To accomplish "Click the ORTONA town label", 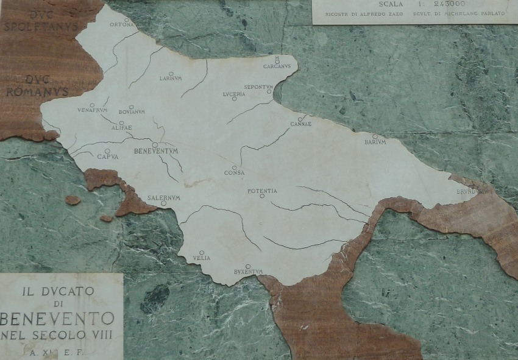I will (x=121, y=25).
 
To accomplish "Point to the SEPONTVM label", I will (x=258, y=87).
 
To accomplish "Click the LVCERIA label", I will (x=235, y=94).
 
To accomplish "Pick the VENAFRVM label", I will (x=92, y=111).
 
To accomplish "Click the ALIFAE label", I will (x=122, y=127).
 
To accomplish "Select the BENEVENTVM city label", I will (x=160, y=149).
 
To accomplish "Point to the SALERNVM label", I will (x=164, y=198).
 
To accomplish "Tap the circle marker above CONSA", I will (x=234, y=168).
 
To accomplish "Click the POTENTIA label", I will (x=262, y=191).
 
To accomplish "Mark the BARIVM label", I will (x=375, y=142).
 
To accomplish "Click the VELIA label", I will (x=202, y=258).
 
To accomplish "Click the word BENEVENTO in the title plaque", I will (x=58, y=319).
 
